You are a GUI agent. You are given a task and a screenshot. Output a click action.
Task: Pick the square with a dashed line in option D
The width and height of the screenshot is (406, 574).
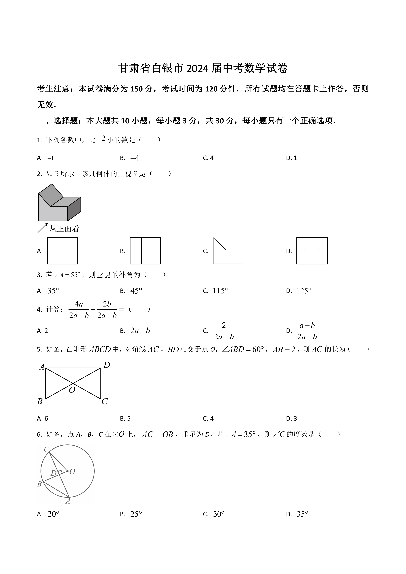pyautogui.click(x=312, y=251)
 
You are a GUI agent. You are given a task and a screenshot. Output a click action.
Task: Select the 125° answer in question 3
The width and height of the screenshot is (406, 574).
pyautogui.click(x=303, y=291)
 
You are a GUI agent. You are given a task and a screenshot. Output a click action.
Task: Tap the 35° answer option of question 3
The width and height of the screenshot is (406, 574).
pyautogui.click(x=53, y=291)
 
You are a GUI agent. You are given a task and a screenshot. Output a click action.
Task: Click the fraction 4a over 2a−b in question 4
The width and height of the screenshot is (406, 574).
pyautogui.click(x=79, y=310)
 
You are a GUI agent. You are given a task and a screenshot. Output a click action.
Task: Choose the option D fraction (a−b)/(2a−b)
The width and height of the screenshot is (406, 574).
pyautogui.click(x=307, y=331)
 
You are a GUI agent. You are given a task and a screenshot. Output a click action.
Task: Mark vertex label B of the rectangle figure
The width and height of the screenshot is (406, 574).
pyautogui.click(x=40, y=402)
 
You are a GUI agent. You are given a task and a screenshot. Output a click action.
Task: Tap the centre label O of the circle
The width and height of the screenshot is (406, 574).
pyautogui.click(x=72, y=471)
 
